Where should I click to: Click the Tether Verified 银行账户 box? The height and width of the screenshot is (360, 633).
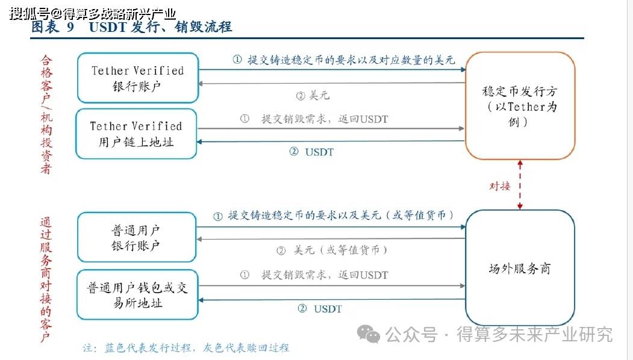[x=137, y=78]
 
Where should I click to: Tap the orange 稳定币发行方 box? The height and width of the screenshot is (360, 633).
[x=520, y=105]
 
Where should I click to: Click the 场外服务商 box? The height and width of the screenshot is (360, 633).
[x=520, y=268]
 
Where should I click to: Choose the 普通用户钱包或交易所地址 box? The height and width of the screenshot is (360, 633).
[x=137, y=295]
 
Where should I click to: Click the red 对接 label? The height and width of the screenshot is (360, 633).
[x=499, y=186]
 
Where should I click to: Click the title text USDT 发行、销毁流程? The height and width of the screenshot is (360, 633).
[x=160, y=28]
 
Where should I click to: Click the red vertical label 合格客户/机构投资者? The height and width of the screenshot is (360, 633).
[x=46, y=114]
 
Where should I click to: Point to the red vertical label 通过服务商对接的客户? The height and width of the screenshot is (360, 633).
[x=46, y=277]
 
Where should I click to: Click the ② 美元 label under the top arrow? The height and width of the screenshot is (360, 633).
[x=313, y=96]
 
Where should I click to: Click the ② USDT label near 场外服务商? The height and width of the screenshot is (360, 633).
[x=320, y=309]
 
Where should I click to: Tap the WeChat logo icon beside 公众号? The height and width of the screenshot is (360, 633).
[x=369, y=333]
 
